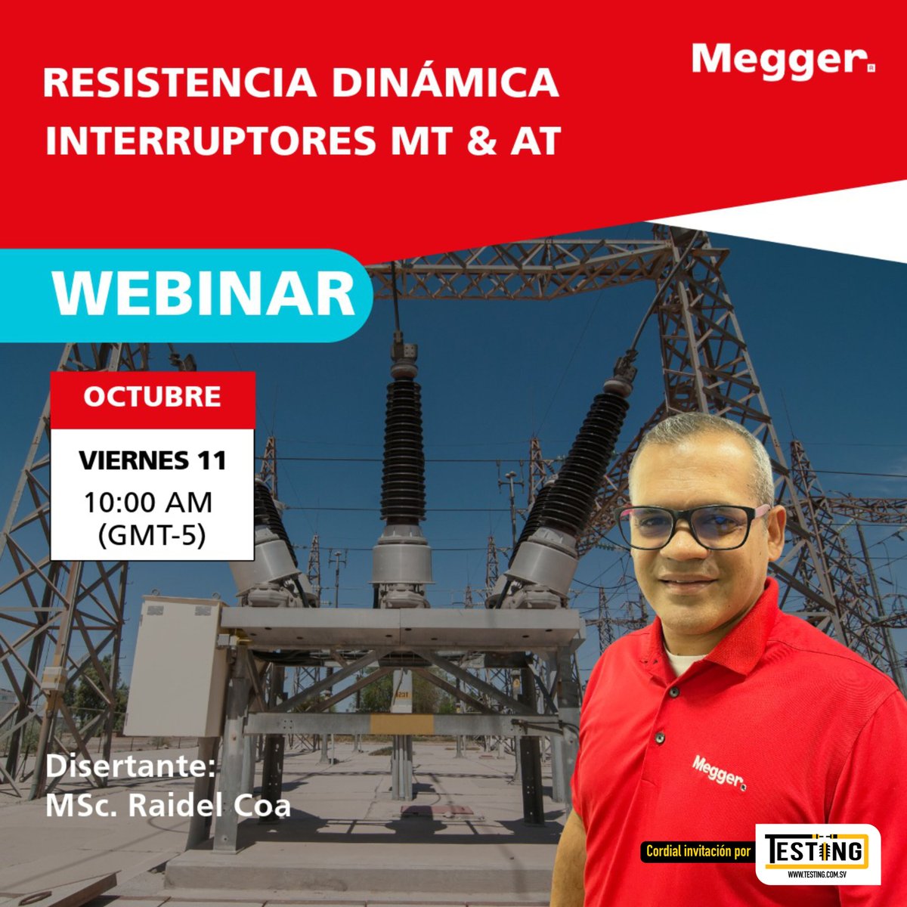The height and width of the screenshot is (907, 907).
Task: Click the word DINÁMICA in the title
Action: coord(445,83)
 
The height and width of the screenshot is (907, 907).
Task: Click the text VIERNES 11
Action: coord(152,460)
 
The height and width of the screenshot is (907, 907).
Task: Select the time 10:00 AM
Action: coord(148,502)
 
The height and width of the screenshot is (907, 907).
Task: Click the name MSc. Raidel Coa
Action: coord(168,806)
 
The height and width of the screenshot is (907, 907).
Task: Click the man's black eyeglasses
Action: coord(692,525)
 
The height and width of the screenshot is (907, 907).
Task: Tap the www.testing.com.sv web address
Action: coord(817,874)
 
